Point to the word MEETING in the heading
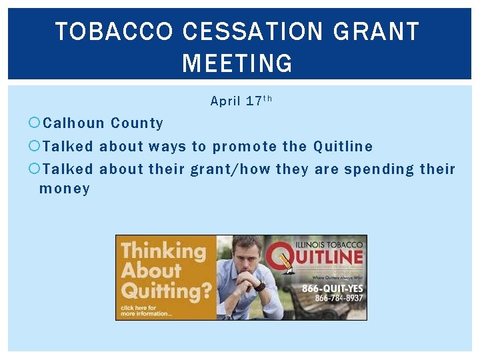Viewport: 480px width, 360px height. [237, 64]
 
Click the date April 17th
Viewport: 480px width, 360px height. [241, 101]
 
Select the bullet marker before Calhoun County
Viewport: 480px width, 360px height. [35, 123]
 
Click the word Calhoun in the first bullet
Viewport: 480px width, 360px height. [74, 123]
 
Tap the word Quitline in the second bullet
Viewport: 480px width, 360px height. [343, 146]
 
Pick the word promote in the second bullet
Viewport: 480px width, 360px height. [243, 146]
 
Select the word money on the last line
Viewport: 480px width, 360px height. [65, 189]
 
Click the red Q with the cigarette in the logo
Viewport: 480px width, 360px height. [279, 259]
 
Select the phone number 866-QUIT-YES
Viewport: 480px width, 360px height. [333, 289]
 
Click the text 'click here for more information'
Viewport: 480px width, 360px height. [146, 310]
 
